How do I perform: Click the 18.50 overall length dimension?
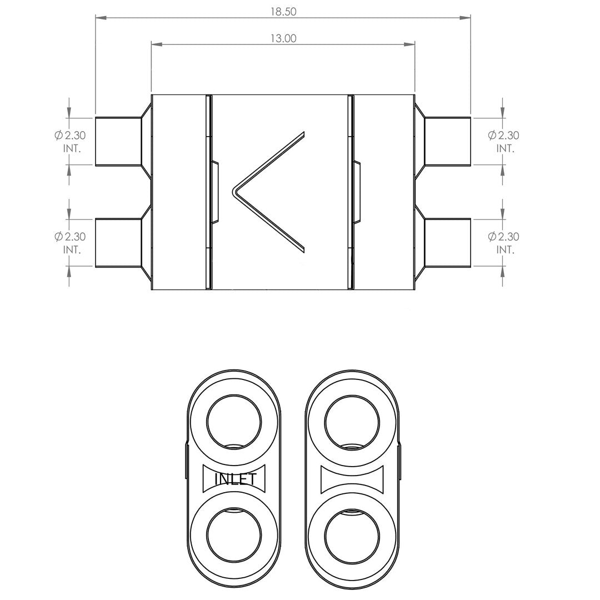pos(283,12)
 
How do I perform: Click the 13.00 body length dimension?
pos(283,39)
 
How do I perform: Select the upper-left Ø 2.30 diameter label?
pos(70,136)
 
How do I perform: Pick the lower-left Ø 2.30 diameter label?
pos(70,237)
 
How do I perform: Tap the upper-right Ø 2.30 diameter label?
pos(503,136)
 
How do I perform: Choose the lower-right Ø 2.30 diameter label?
pos(503,237)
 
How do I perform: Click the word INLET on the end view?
pos(234,479)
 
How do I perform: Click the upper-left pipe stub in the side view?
pos(118,142)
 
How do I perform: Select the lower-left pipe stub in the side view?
pos(118,243)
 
